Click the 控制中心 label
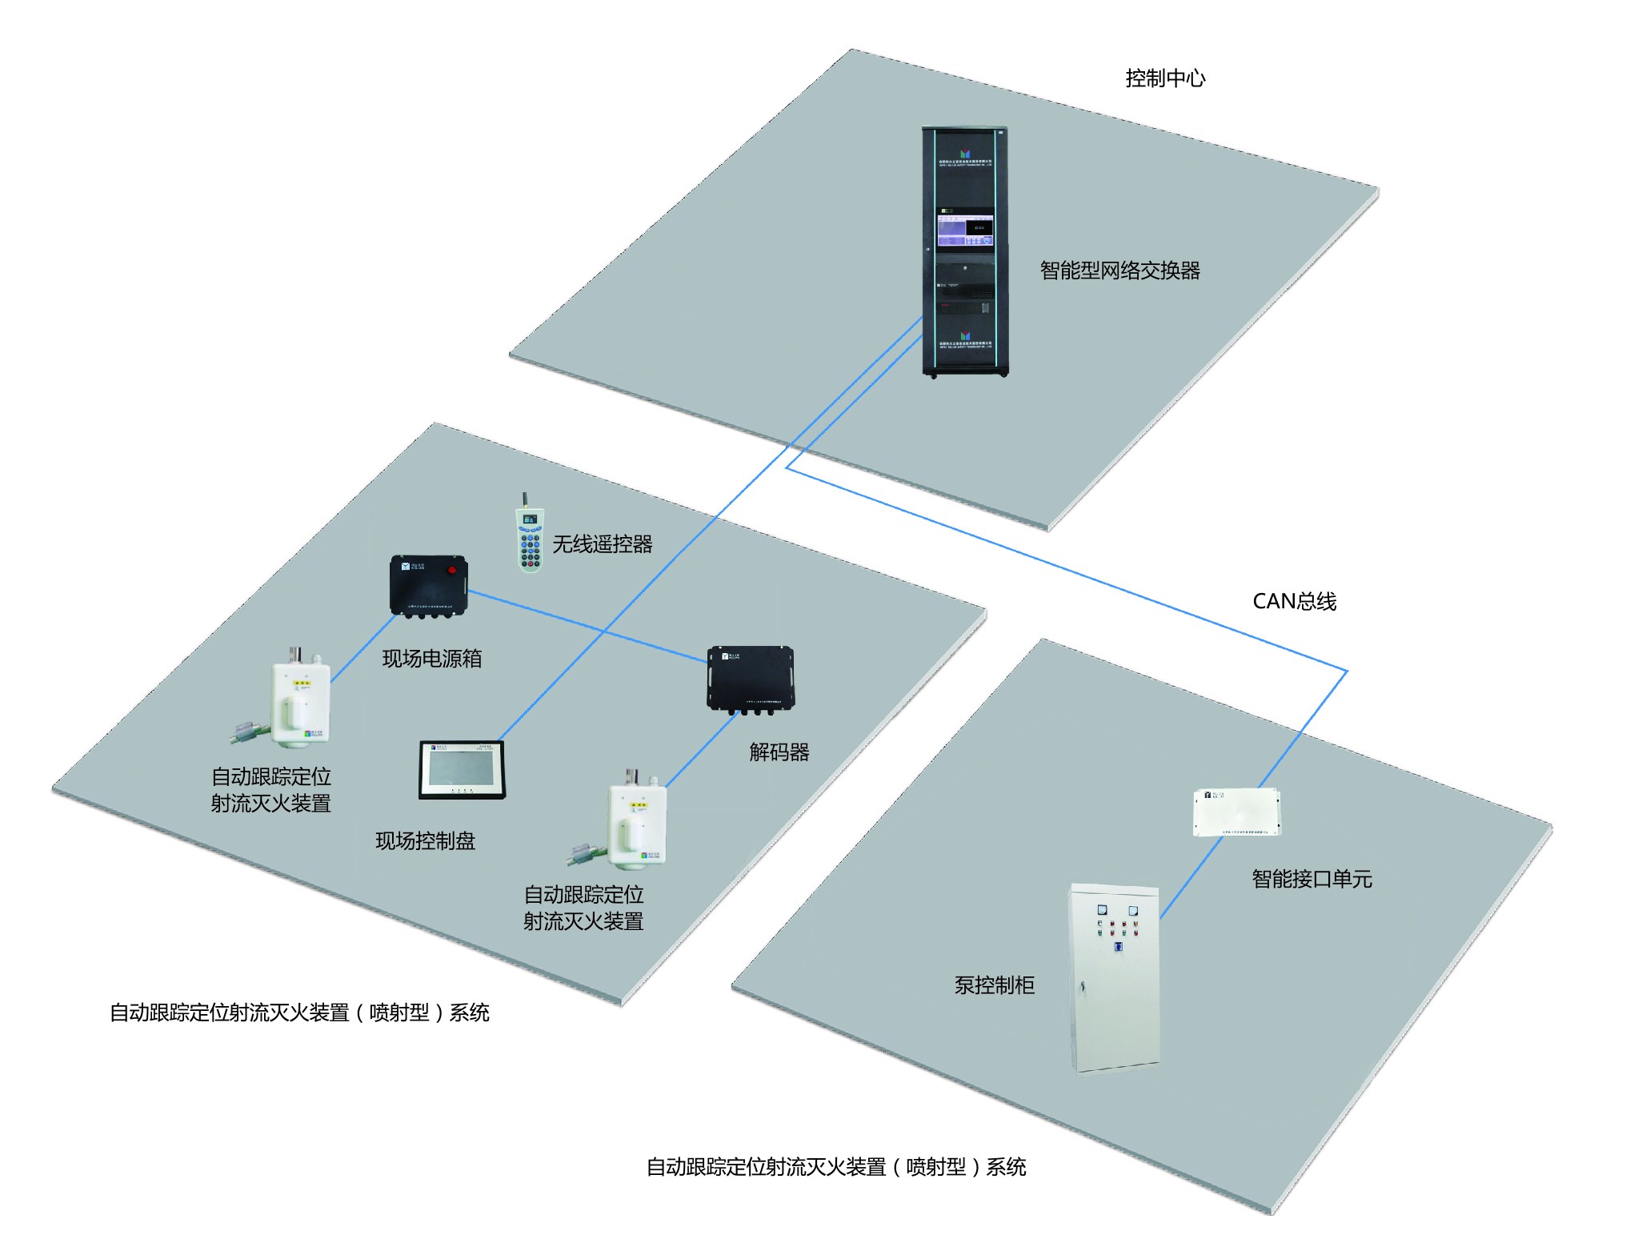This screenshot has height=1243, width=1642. point(1164,78)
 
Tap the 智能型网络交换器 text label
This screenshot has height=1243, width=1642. point(1119,271)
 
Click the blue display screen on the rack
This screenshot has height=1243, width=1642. point(964,230)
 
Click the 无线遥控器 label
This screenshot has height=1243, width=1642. point(602,544)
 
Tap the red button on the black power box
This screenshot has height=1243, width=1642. point(452,570)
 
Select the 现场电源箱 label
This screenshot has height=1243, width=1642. point(432,659)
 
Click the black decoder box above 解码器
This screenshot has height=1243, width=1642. point(750,677)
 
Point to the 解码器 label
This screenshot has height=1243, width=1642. point(779,752)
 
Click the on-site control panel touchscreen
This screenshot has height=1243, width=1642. point(462,769)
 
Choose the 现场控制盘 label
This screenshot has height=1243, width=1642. point(425,841)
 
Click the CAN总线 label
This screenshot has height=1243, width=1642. point(1294,602)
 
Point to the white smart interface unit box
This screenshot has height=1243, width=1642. point(1236,812)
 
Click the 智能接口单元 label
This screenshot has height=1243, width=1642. point(1312,880)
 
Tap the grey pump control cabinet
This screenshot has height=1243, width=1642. point(1115,978)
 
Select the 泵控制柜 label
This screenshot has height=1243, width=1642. point(994,985)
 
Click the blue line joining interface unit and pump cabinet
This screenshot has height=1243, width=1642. point(1191,877)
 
